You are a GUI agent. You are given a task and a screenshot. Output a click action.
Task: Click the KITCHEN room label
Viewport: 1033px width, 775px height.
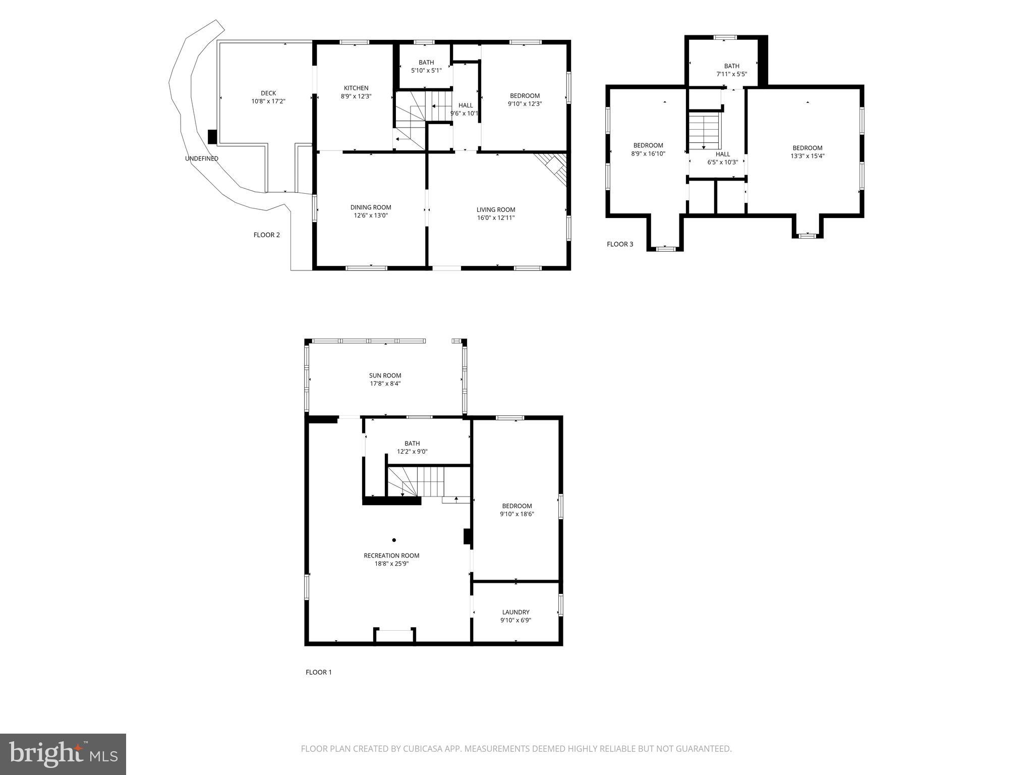coord(356,88)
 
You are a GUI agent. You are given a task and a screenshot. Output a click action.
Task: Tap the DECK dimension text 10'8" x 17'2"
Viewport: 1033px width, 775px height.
coord(268,101)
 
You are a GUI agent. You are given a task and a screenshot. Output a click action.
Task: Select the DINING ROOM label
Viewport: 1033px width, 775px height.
coord(371,207)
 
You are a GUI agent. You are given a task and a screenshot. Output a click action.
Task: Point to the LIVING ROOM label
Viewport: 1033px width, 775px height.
coord(496,210)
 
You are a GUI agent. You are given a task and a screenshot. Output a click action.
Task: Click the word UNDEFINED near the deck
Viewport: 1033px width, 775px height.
coord(202,158)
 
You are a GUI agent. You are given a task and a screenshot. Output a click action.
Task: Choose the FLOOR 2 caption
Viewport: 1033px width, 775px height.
coord(266,235)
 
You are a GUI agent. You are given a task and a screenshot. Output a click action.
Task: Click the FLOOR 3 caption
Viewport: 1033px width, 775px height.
coord(620,244)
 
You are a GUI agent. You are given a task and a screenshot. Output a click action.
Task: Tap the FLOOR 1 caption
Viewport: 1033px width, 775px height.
coord(319,672)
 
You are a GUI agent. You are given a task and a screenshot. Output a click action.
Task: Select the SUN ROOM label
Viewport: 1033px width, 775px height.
coord(385,375)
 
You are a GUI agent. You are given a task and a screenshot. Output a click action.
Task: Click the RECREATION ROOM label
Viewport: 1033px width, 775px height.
coord(391,556)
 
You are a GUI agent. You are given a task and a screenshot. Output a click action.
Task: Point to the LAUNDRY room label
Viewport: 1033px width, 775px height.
coord(515,612)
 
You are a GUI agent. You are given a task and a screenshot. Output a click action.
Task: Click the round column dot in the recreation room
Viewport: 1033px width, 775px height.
coord(394,540)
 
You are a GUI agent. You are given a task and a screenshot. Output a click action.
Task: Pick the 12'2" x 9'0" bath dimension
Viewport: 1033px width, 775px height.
coord(412,452)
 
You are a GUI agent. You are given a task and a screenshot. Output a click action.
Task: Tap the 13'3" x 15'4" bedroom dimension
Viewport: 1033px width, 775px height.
coord(807,156)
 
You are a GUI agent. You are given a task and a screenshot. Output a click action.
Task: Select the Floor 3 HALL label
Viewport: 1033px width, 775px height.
coord(722,154)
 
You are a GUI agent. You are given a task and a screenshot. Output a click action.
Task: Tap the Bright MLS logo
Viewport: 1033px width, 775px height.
coord(63,754)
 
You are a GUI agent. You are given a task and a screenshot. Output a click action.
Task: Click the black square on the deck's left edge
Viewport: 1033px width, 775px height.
coord(212,137)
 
